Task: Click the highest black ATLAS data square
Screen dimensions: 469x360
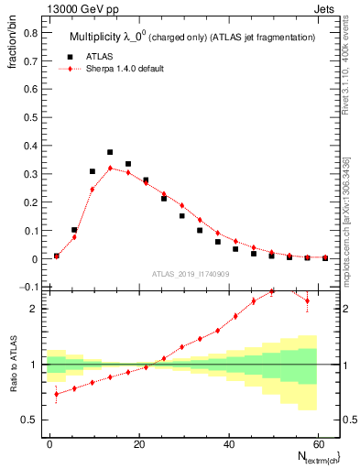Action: point(110,152)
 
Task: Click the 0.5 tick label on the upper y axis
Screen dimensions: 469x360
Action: point(29,117)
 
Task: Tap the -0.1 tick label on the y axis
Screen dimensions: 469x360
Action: point(27,288)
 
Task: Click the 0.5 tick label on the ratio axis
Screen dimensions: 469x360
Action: point(29,420)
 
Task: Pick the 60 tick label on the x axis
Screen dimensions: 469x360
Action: point(316,442)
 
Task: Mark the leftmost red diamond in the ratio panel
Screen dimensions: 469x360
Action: point(57,395)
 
